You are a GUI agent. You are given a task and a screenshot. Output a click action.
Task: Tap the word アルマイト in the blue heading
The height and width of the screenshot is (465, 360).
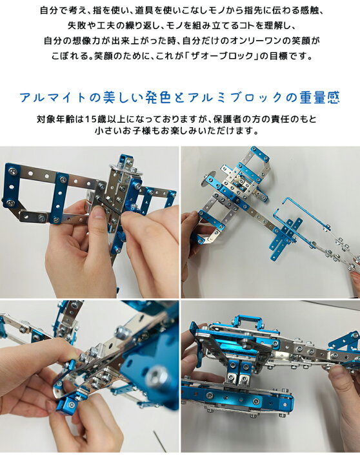54,98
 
